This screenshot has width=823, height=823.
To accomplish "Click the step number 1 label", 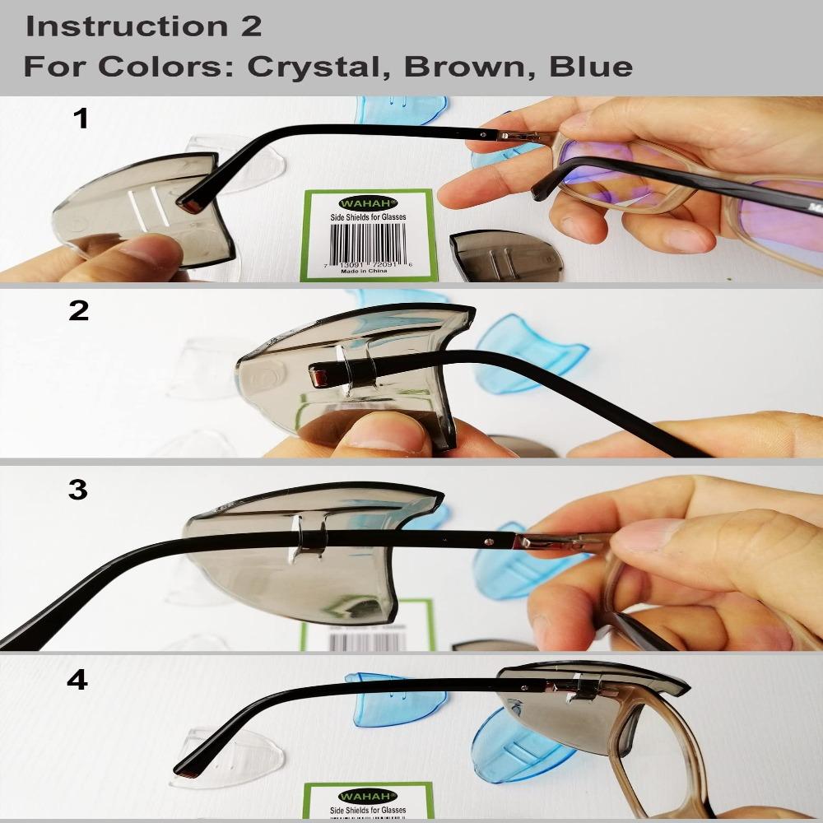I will [80, 120].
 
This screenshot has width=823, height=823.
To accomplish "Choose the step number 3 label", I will [77, 491].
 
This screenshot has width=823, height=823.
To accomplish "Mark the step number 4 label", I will [77, 682].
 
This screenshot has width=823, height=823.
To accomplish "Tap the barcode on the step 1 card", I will [368, 240].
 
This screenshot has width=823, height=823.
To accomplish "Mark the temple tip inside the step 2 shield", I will [318, 378].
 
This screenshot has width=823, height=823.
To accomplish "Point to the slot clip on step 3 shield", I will [309, 535].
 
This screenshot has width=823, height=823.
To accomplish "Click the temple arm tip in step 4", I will [185, 773].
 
